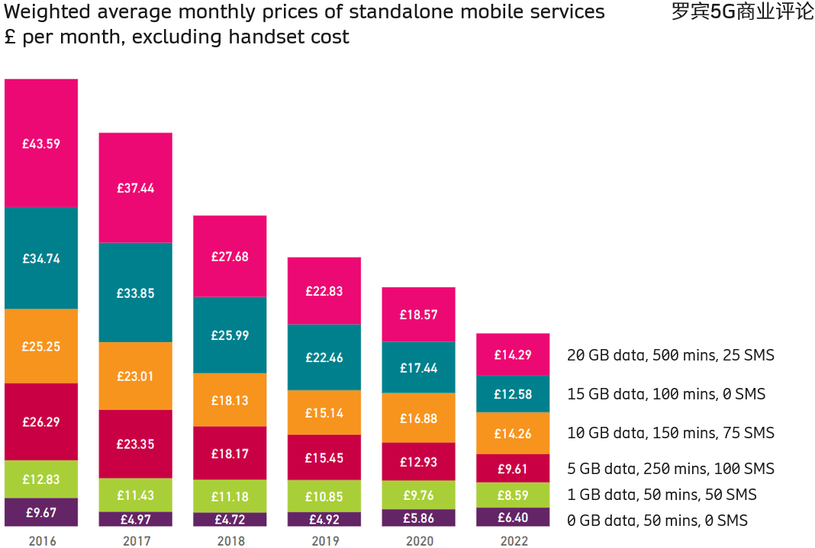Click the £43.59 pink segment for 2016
click(41, 143)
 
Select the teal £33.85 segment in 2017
click(135, 292)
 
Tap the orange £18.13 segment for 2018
click(230, 399)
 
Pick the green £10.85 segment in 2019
click(324, 495)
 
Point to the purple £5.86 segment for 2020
click(418, 518)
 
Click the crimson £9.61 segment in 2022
click(513, 469)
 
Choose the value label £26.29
click(41, 421)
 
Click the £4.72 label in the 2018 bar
click(230, 520)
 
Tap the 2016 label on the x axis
click(41, 541)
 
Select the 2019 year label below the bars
click(324, 541)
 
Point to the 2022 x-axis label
click(513, 541)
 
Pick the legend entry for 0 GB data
click(656, 521)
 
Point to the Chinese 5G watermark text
click(742, 12)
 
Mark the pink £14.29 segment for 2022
click(513, 354)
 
